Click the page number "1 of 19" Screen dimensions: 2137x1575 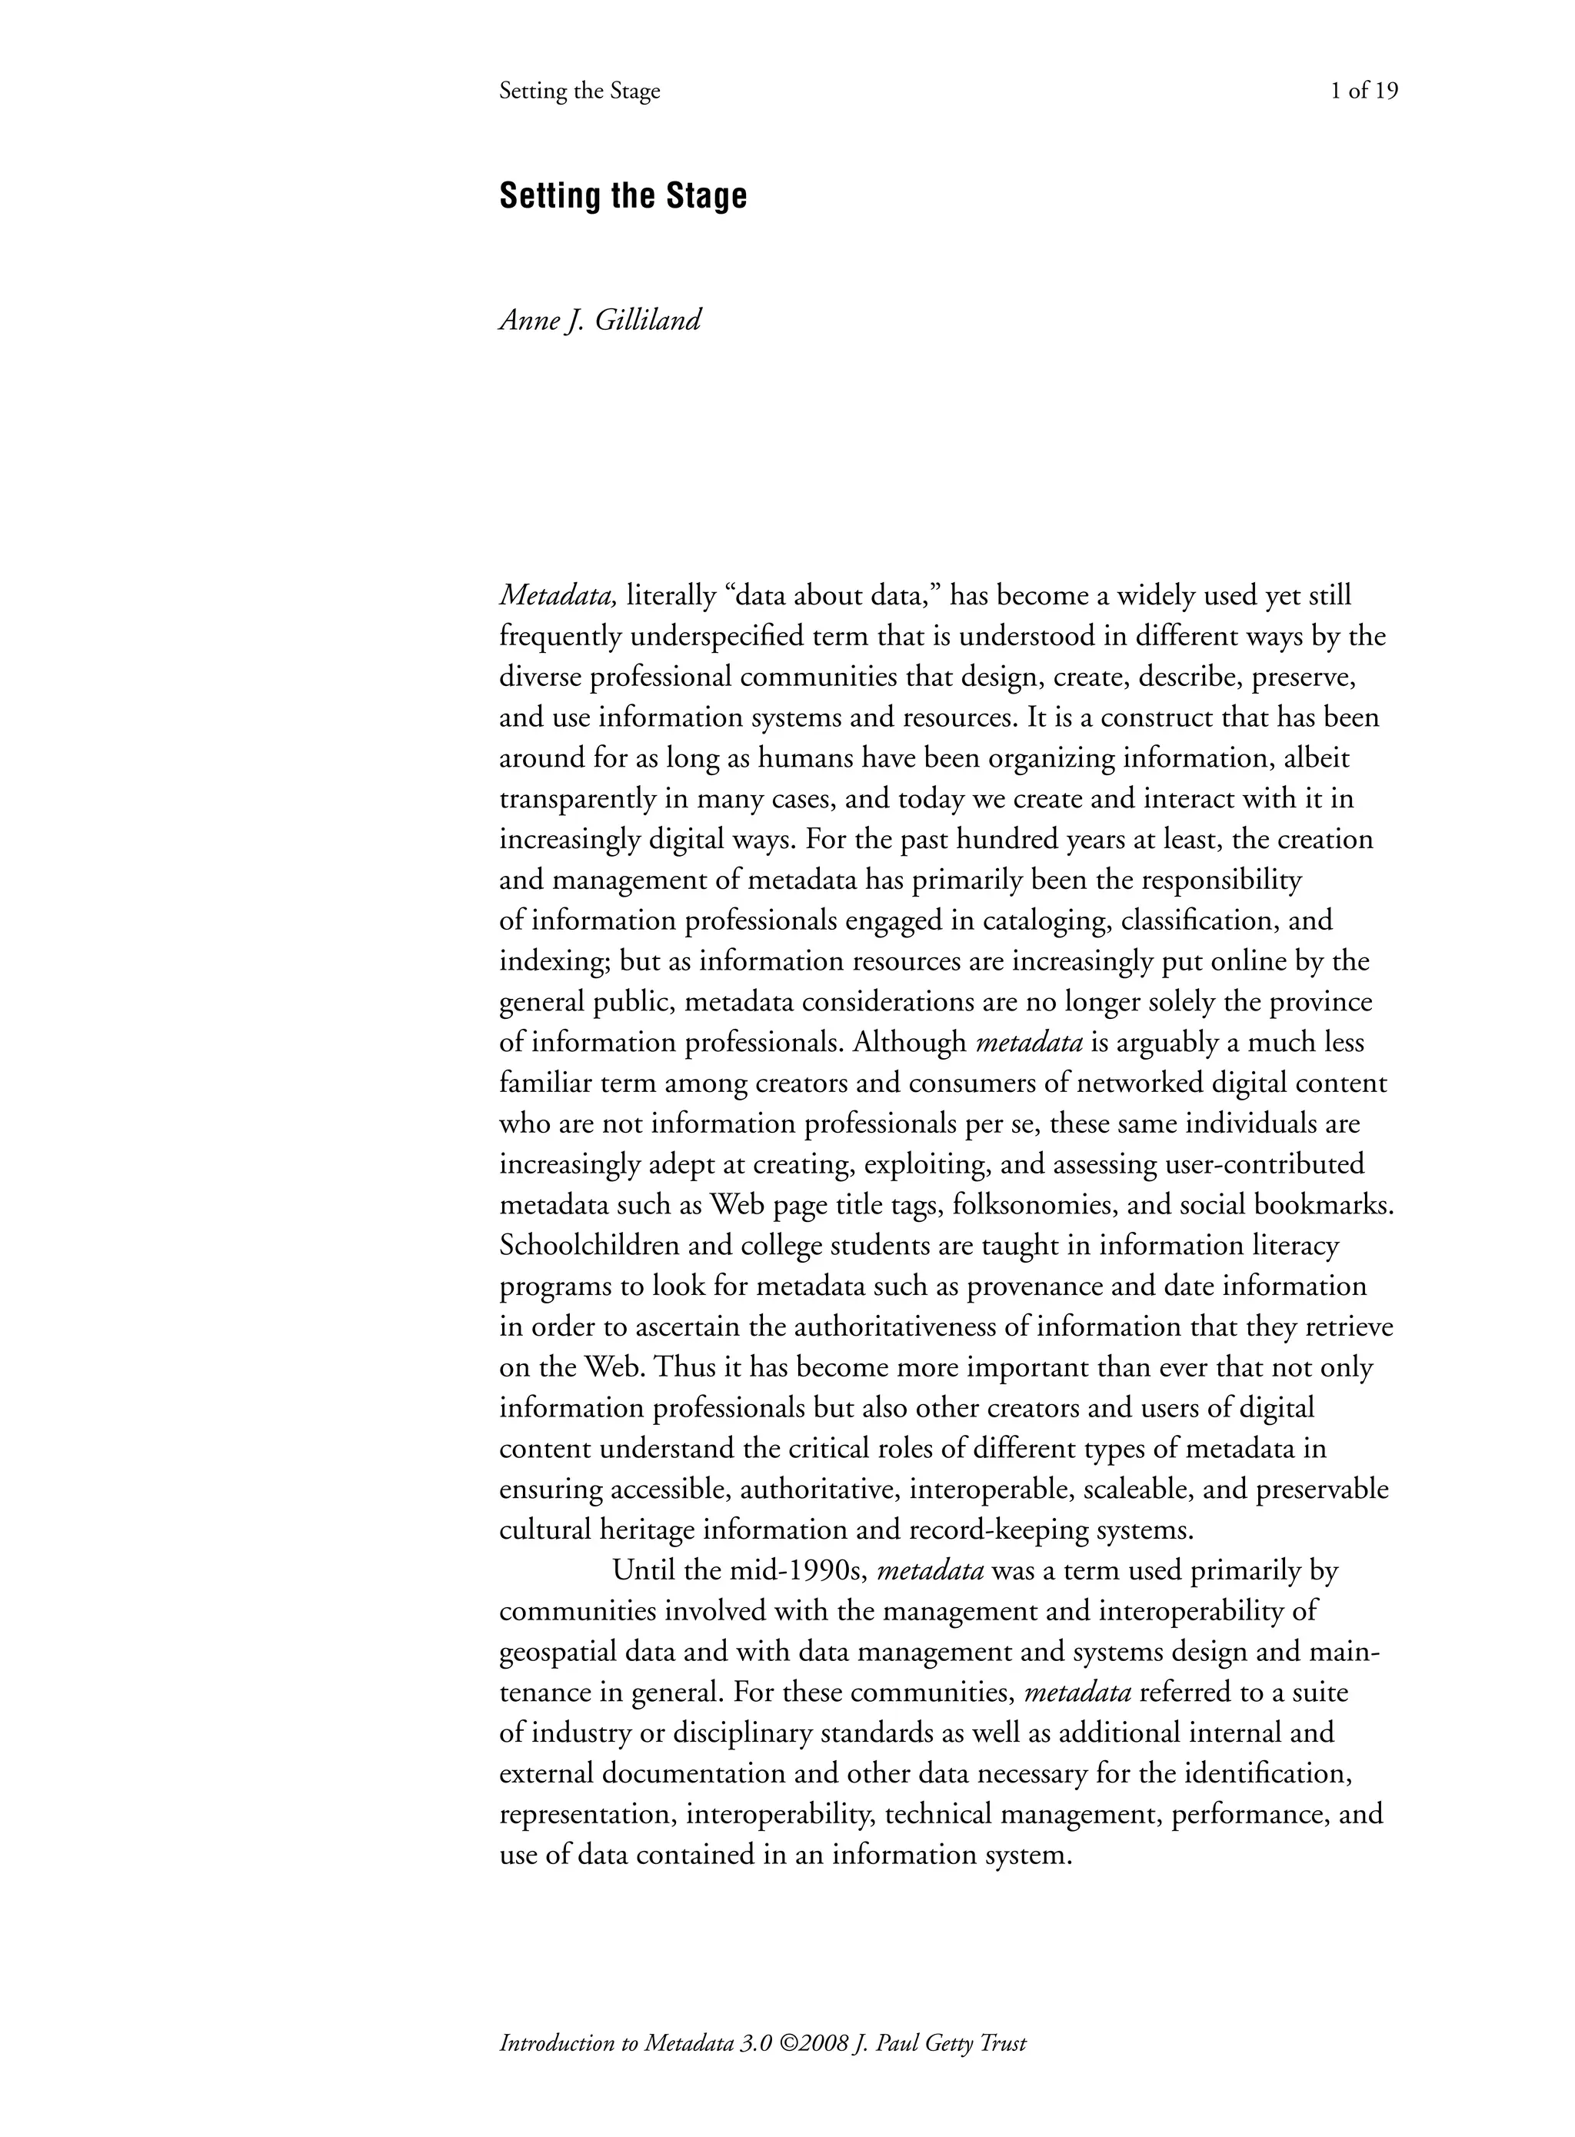click(1364, 92)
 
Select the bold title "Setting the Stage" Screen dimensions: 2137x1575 click(623, 196)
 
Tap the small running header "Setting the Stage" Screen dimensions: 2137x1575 click(580, 92)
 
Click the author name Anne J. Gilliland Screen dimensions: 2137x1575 click(600, 320)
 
